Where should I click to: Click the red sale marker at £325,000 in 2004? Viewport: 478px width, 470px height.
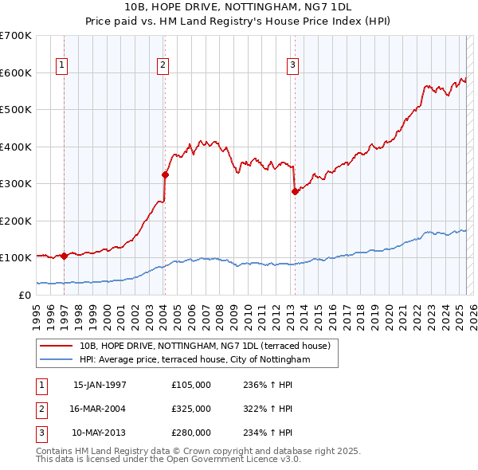pos(165,174)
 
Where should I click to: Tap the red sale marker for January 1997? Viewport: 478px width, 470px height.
pos(65,256)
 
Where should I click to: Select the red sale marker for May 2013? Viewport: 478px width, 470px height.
pos(295,191)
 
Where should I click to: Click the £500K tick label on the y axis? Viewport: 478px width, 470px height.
pos(16,109)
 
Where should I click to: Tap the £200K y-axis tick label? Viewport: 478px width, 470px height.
pos(16,221)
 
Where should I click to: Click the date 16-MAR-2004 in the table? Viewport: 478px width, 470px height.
pos(100,409)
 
